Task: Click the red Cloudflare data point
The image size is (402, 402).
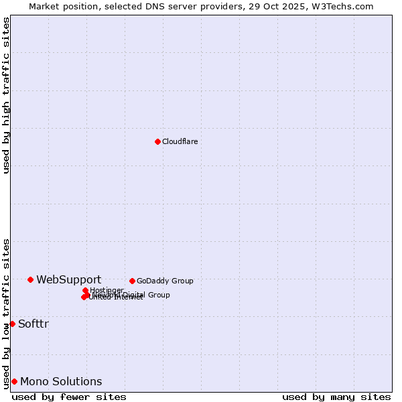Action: click(x=157, y=141)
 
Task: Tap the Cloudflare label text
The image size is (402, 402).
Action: click(x=180, y=141)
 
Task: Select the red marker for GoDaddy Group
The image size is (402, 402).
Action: click(x=132, y=281)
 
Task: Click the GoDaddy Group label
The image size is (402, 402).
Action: click(x=165, y=281)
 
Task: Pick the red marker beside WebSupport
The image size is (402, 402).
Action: click(x=30, y=279)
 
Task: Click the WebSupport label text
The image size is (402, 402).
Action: click(x=68, y=279)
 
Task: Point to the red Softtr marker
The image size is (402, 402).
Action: click(x=12, y=324)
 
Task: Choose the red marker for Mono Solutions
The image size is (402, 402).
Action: click(x=14, y=381)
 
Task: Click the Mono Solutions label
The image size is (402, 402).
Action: click(x=61, y=381)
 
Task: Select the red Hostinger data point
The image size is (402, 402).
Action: click(x=85, y=290)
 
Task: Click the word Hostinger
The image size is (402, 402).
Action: click(x=107, y=290)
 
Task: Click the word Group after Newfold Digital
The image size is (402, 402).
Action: click(x=159, y=295)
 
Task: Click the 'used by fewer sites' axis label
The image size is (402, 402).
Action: click(x=69, y=397)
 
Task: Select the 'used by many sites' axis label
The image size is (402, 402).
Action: click(x=336, y=397)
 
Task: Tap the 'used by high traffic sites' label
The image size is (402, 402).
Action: click(x=6, y=95)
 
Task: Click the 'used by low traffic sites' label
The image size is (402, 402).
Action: click(x=6, y=314)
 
